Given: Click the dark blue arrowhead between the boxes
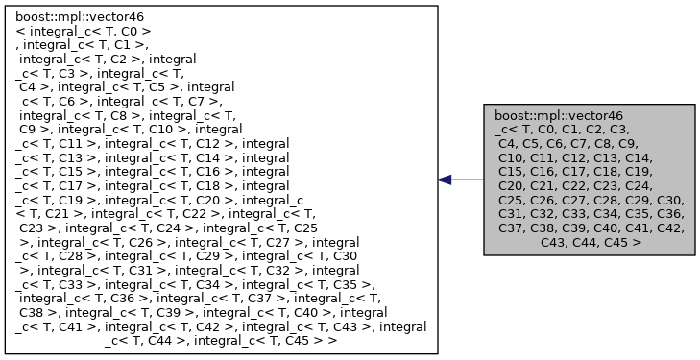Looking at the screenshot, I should pos(445,180).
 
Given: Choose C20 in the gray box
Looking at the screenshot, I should pos(511,186).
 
